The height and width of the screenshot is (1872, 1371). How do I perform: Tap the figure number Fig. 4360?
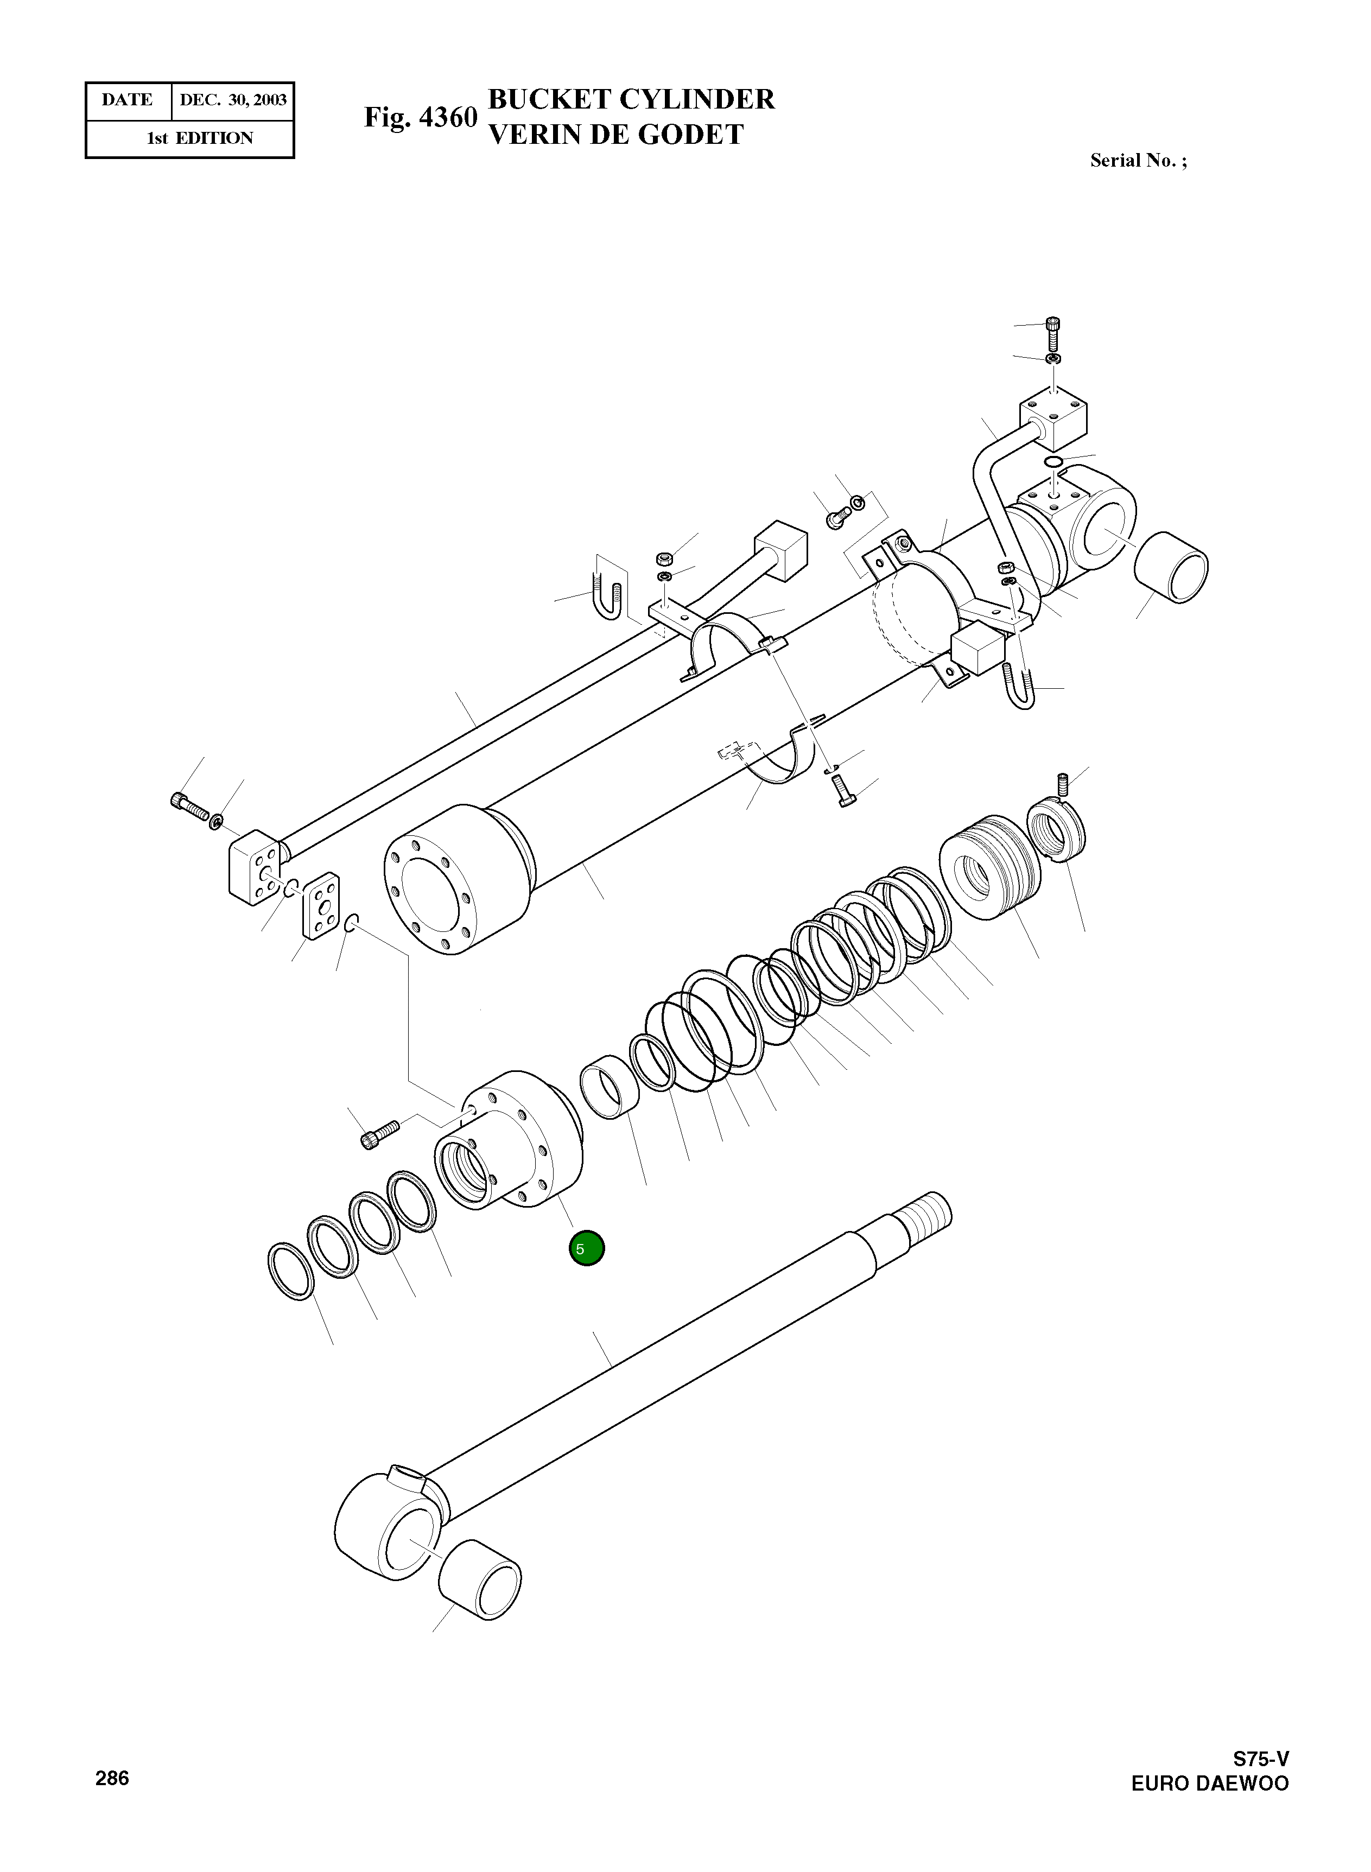click(421, 117)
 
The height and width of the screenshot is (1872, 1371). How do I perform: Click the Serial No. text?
click(1138, 161)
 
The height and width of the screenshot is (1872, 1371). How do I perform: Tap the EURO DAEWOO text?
click(1209, 1784)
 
